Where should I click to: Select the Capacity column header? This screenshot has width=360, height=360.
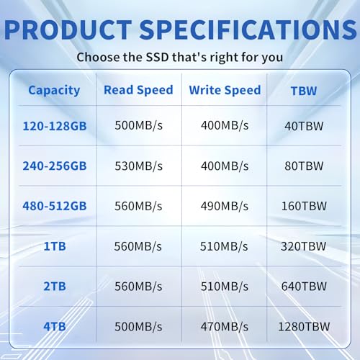click(x=53, y=90)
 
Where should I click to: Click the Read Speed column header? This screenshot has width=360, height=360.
click(x=138, y=90)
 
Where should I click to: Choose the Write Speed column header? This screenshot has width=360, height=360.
click(x=224, y=90)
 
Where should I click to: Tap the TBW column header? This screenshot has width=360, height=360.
click(x=304, y=91)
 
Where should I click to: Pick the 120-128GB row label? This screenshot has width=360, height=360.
click(x=53, y=125)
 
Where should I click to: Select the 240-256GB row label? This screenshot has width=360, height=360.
click(x=53, y=166)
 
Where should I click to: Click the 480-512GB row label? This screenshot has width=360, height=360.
click(x=53, y=206)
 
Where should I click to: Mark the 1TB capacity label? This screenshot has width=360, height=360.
click(x=53, y=246)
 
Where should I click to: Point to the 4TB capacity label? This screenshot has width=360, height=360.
click(x=53, y=326)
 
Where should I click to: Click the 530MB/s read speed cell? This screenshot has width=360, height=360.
click(x=138, y=166)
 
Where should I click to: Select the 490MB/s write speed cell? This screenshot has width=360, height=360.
click(x=224, y=206)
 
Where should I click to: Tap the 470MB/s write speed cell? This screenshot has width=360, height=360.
click(x=224, y=326)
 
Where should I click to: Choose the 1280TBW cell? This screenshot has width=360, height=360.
click(x=304, y=326)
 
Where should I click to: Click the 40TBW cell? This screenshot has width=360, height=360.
click(x=304, y=125)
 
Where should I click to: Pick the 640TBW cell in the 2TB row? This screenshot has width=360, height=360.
click(x=304, y=287)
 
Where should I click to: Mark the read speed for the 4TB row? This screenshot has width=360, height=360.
click(x=138, y=326)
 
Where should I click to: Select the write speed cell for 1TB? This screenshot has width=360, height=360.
click(x=224, y=246)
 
